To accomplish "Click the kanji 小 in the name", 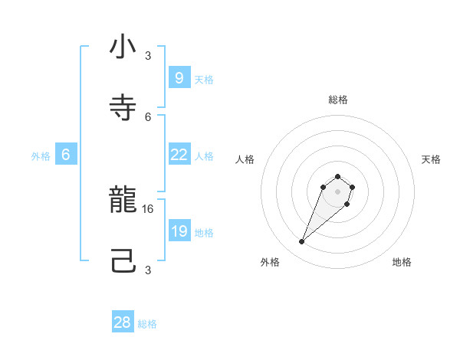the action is [123, 47].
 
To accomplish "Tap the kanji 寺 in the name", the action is [123, 108].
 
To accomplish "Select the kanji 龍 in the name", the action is [123, 201].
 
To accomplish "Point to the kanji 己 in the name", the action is [123, 262].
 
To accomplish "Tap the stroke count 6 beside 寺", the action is [148, 116].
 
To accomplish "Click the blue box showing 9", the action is [179, 77].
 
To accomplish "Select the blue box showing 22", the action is [179, 155].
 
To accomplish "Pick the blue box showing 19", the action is [179, 231].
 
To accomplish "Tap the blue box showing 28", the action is [123, 322].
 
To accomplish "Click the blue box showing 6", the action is [66, 155].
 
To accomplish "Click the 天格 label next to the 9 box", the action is [204, 79].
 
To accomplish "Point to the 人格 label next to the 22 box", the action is [204, 155].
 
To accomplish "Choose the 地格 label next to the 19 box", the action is [204, 232].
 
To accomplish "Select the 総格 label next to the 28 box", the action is [147, 324].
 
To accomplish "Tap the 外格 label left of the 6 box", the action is [41, 155].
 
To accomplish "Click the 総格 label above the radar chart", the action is [338, 100].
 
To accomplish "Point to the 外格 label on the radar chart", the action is [270, 262].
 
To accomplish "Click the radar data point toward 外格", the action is [301, 242].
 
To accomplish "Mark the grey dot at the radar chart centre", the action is [337, 191].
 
